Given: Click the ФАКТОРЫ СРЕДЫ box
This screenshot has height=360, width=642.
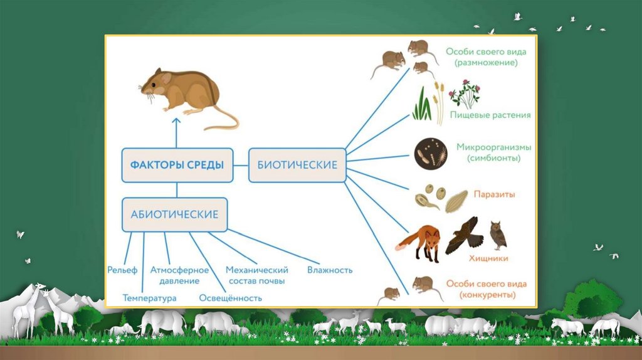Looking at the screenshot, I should [177, 165].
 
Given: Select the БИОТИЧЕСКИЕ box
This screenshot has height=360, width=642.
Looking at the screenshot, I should [297, 165].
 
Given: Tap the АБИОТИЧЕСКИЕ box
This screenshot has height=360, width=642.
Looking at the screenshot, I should [174, 214].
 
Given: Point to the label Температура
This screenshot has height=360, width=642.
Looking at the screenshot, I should [150, 298].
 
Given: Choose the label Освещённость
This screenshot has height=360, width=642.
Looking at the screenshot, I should [230, 298].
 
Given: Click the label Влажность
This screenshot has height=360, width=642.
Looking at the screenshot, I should [330, 270].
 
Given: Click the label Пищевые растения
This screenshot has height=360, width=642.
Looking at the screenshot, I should [490, 115].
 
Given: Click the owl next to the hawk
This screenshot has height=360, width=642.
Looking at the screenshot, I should [498, 235].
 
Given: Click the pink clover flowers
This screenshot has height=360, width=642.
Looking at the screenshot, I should [465, 92].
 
